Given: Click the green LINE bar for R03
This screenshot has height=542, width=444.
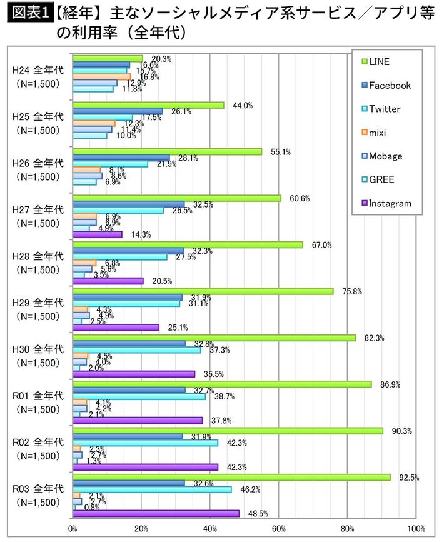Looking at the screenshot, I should click(231, 478).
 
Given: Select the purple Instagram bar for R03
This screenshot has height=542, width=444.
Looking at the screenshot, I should click(156, 513).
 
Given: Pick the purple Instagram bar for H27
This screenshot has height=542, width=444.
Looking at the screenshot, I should click(98, 234).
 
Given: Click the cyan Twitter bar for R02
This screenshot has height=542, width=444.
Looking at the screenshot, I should click(145, 443).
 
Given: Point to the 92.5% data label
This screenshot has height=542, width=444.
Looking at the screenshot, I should click(408, 478).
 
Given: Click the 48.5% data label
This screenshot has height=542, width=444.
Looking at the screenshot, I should click(257, 514).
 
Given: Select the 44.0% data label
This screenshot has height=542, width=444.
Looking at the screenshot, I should click(242, 106).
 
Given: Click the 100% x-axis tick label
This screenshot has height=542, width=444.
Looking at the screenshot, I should click(416, 530).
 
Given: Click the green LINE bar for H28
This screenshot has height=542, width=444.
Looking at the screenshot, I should click(188, 244).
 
